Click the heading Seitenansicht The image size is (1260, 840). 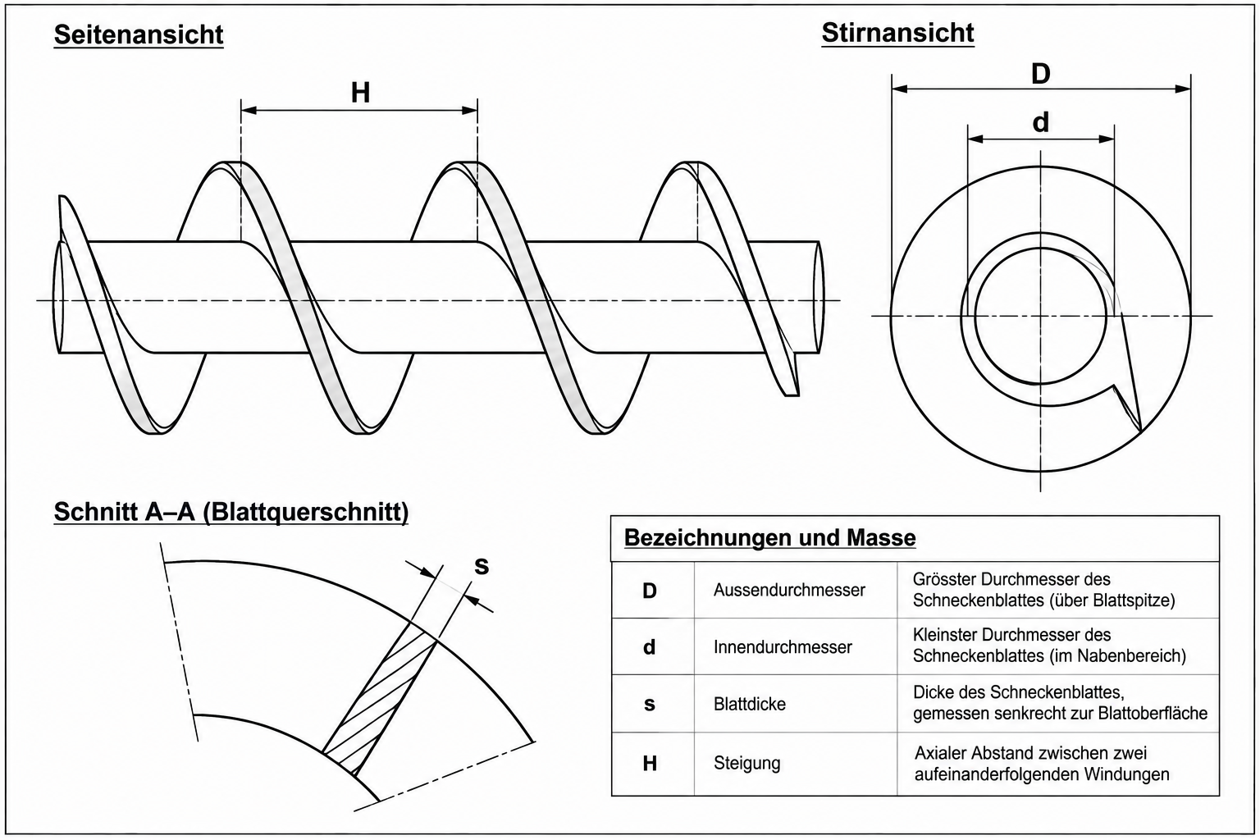point(139,35)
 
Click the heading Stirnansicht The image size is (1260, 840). point(897,33)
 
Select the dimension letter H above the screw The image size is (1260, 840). point(361,93)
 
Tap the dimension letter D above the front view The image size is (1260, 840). point(1041,74)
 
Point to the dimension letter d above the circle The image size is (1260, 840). point(1041,122)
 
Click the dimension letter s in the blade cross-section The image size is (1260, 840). point(482,566)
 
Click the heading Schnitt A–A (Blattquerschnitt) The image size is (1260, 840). point(231,512)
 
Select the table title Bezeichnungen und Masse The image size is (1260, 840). point(770,537)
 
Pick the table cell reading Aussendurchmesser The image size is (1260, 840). point(789,590)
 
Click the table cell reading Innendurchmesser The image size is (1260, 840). point(783,647)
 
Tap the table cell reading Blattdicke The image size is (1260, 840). point(749,704)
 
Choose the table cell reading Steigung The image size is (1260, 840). point(747,763)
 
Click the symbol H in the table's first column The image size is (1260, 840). point(650,764)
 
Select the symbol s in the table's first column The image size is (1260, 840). point(650,705)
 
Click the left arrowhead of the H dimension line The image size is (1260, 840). point(249,110)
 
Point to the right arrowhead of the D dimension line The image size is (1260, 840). point(1183,89)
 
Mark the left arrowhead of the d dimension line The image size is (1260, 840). point(975,139)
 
